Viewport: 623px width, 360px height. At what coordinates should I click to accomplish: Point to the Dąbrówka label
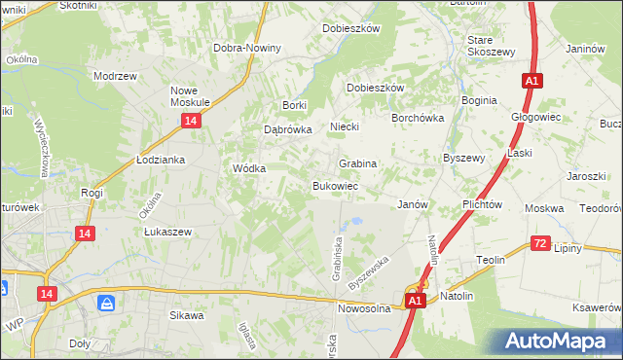pyautogui.click(x=287, y=128)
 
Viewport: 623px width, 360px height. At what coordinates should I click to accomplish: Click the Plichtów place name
pyautogui.click(x=482, y=205)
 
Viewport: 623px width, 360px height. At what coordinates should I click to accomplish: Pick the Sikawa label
pyautogui.click(x=187, y=315)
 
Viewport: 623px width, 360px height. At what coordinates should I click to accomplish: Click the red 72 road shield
pyautogui.click(x=541, y=243)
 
